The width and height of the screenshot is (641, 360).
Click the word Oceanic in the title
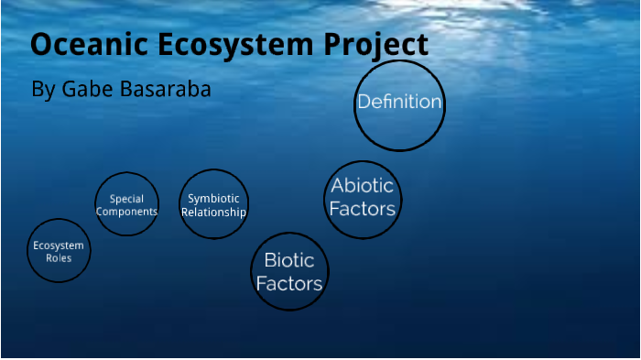point(82,45)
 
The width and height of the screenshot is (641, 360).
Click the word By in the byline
point(43,90)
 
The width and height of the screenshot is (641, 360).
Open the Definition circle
point(399,103)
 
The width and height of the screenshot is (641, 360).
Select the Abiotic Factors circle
point(363,197)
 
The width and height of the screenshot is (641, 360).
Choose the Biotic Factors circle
point(289,271)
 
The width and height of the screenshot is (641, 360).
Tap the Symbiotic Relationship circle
point(213,204)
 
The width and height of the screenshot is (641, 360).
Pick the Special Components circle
point(126,204)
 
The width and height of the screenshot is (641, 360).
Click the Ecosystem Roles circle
point(59,251)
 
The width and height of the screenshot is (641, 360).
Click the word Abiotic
point(363,185)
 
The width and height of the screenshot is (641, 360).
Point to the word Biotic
point(289,260)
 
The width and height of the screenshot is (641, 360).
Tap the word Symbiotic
point(213,198)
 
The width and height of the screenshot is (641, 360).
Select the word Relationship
point(213,212)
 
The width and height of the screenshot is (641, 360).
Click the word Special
point(126,198)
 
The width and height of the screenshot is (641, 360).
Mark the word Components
point(126,212)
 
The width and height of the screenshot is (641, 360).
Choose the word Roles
point(59,258)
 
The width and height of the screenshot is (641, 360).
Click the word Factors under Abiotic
point(363,209)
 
